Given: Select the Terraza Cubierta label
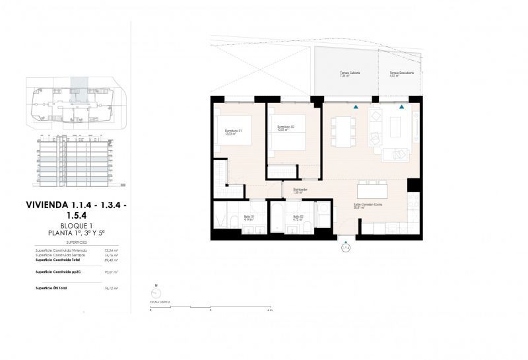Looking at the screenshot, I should pos(350,74).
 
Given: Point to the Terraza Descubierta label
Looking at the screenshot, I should pos(401,74).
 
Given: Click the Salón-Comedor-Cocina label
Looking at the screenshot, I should pos(368,206).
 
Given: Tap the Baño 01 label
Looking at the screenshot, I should pos(249,218).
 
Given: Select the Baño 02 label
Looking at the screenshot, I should pos(297,218).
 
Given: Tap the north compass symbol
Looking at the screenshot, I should pos(156,291).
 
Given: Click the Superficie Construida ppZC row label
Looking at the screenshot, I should pos(58,272).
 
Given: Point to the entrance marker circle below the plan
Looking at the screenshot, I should pos(345,248).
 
